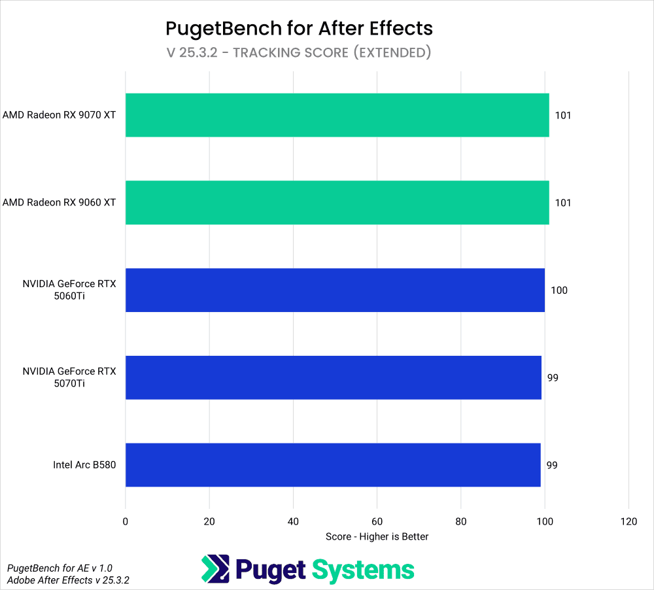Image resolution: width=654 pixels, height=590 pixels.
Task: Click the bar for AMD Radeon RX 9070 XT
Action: coord(337,115)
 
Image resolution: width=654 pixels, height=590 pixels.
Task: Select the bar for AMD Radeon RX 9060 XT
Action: coord(337,203)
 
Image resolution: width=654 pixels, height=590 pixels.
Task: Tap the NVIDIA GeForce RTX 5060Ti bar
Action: coord(335,290)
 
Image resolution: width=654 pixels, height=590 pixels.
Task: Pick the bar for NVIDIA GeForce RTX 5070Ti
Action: coord(334,377)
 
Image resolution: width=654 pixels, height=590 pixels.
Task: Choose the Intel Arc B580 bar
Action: coord(333,465)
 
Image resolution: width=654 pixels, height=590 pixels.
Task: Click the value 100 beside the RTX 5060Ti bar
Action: coord(559,290)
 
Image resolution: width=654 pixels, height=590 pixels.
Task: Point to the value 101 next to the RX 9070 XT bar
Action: coord(563,116)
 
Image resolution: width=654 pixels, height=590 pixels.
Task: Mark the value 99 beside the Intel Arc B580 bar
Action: coord(553,465)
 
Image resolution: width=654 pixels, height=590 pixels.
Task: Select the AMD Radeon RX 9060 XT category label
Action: coord(59,203)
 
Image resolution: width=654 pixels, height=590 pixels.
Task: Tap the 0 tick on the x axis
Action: coord(126,521)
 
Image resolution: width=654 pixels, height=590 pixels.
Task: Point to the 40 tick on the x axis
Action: coord(293,521)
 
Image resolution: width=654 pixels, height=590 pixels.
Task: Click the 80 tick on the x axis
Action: coord(461,521)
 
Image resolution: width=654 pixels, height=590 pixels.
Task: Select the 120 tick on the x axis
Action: coord(628,521)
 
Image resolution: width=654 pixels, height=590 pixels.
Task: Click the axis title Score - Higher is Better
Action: coord(377,536)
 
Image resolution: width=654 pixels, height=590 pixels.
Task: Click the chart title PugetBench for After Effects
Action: coord(299,28)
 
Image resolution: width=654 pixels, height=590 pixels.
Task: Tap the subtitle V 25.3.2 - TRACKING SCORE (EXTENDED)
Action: coord(299,53)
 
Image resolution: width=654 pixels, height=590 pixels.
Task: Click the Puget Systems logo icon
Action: coord(215,569)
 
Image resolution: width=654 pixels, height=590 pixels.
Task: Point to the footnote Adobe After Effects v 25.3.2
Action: coord(68,580)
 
